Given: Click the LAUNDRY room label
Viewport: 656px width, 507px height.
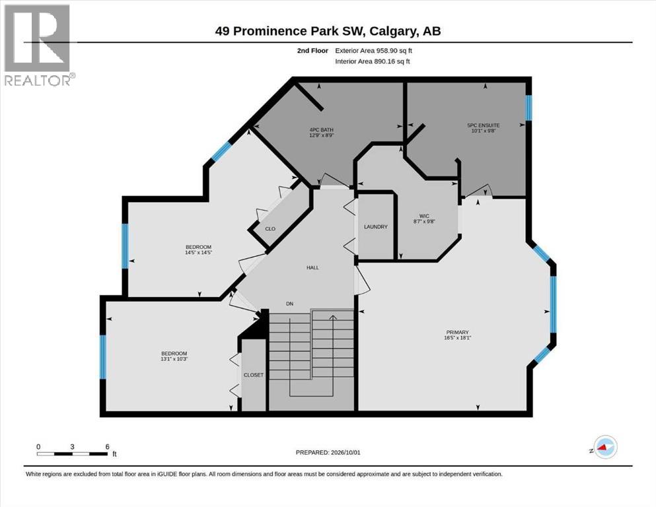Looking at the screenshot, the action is coord(376,226).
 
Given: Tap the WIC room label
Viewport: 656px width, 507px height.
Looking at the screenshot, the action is coord(424,216).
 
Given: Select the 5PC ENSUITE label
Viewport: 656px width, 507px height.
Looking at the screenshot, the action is coord(483,125).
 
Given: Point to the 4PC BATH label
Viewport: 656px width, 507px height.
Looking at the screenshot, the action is coord(321,130).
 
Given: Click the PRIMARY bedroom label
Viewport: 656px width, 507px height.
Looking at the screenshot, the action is coord(457,332).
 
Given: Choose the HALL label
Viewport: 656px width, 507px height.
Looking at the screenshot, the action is coord(312,267).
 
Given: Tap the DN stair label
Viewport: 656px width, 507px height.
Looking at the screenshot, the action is coord(289,304).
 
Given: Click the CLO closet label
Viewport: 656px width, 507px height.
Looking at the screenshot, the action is coord(270,228).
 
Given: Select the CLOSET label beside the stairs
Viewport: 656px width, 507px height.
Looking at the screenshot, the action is coord(254,375).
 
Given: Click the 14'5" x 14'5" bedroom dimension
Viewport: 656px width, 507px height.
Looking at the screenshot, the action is coord(199,252).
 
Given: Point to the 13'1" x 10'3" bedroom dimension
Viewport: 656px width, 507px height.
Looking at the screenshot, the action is coord(174,358).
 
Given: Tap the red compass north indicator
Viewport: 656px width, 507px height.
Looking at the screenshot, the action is coord(603,447).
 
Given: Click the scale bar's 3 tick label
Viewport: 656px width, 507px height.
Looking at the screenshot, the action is coord(73,447).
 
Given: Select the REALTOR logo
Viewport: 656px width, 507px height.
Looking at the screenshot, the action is coord(37,45).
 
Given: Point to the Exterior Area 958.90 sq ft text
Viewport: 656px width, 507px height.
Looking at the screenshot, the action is coord(374,51).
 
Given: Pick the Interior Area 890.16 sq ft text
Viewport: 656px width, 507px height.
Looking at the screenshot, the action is coord(373,61).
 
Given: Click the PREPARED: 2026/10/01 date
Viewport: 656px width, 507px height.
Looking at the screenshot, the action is coord(328,452).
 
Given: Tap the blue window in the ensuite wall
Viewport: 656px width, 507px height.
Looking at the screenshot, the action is coord(528,108).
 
